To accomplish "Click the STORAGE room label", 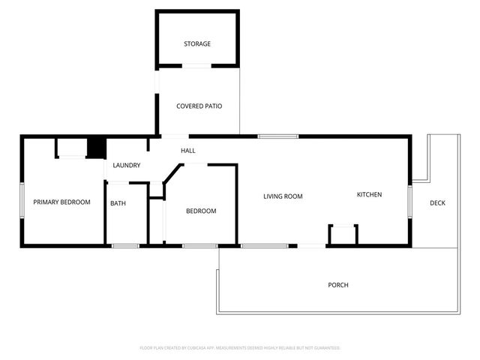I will click(x=197, y=44).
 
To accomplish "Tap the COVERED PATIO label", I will click(x=199, y=106).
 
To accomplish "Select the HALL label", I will click(x=188, y=151).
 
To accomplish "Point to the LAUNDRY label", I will click(x=126, y=165).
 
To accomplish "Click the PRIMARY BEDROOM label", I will click(x=61, y=202).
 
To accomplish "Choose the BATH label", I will click(x=118, y=203).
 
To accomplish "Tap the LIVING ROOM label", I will click(x=283, y=196).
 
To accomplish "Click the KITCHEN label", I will click(x=369, y=195).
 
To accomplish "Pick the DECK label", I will click(x=437, y=203).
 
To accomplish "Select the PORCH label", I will click(x=338, y=285).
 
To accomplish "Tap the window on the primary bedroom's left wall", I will click(x=22, y=201).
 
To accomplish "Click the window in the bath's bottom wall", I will click(x=125, y=246).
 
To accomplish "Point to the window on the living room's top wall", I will click(x=278, y=136).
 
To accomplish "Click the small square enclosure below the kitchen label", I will click(x=343, y=235).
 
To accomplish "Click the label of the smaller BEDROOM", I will click(x=201, y=211).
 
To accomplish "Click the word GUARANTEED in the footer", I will click(x=325, y=348).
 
